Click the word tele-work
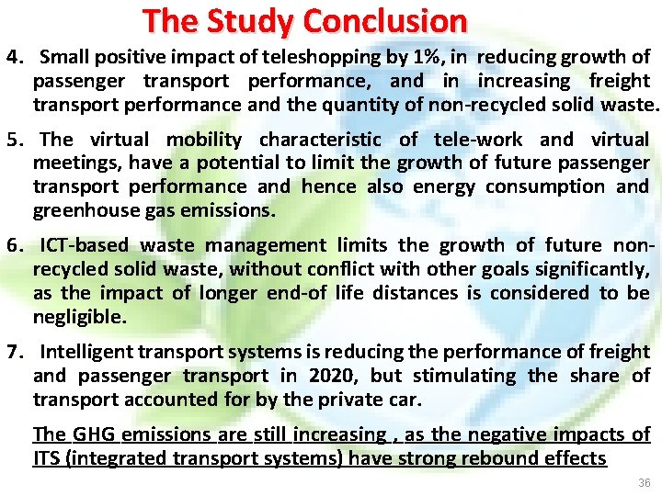[478, 140]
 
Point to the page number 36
[643, 482]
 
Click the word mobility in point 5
[204, 140]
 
